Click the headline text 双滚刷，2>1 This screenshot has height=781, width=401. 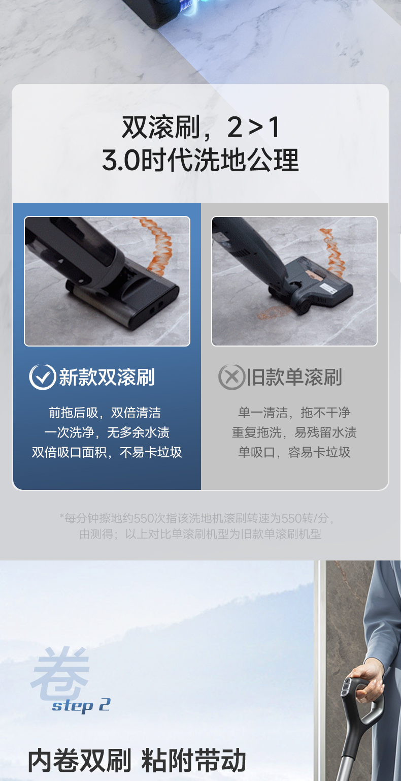tap(201, 128)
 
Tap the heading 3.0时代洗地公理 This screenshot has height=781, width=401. tap(201, 160)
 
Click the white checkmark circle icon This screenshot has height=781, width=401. tap(43, 377)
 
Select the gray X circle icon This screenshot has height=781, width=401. tap(231, 377)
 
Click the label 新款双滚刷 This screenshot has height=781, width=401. tap(107, 377)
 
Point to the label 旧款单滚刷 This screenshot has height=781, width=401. tap(294, 377)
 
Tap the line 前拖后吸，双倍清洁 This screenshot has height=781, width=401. tap(105, 413)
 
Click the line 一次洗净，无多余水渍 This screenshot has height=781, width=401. tap(107, 432)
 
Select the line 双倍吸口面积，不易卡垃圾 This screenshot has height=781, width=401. tap(107, 452)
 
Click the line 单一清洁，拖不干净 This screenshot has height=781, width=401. tap(294, 413)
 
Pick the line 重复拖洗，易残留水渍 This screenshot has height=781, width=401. tap(294, 432)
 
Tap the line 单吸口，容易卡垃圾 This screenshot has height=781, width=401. tap(294, 452)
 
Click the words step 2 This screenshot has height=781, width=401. tap(81, 705)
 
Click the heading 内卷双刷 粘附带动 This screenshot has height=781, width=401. tap(137, 761)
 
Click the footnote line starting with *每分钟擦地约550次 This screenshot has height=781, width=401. tap(197, 518)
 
